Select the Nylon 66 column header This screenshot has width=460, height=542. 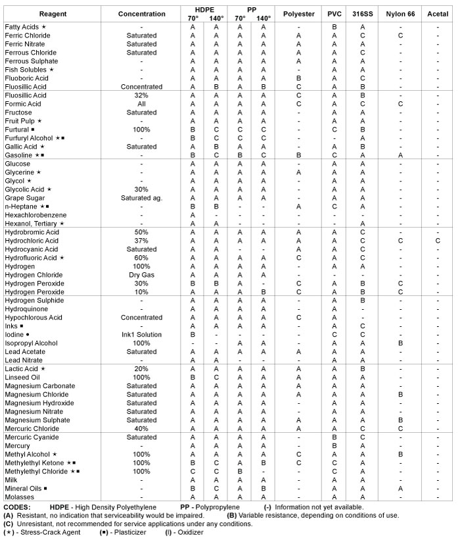(400, 14)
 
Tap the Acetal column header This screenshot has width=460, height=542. (438, 14)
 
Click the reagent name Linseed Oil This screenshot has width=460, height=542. (24, 378)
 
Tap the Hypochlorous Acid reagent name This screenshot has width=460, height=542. (34, 318)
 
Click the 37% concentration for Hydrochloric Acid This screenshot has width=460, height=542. (141, 241)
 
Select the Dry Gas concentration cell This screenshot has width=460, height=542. (141, 275)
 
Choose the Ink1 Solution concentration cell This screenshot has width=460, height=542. (141, 335)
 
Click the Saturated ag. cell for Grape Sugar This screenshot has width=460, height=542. (141, 197)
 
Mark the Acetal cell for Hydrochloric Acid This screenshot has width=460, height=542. (438, 241)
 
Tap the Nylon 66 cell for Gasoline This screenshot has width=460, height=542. (400, 155)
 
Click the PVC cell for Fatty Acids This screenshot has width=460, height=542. (334, 27)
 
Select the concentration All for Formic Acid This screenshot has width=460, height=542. (141, 103)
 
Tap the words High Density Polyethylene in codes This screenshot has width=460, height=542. (109, 507)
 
